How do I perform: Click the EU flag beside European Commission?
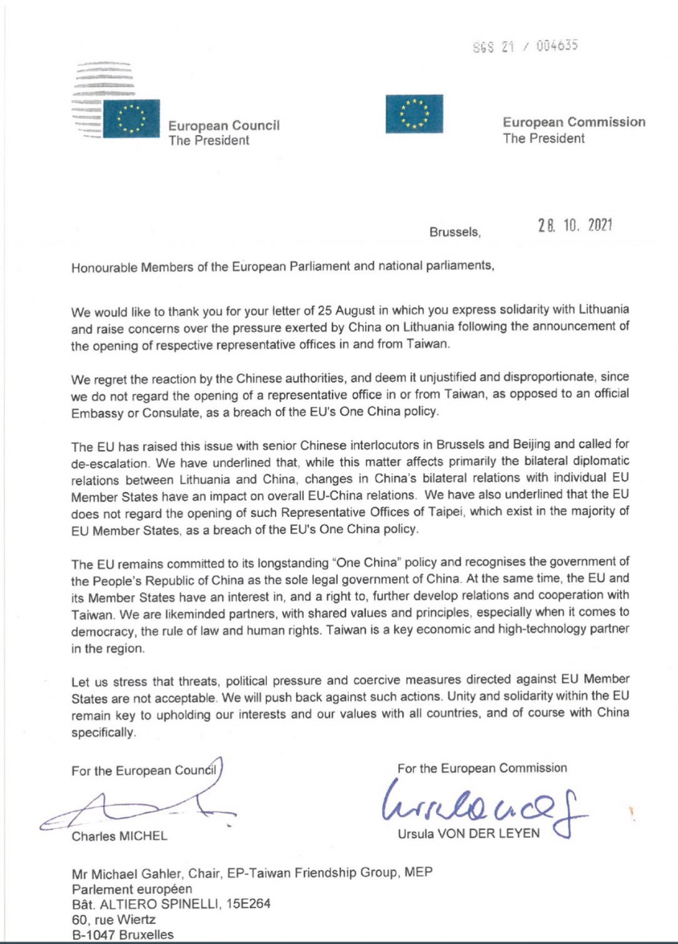point(413,114)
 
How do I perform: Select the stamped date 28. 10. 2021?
point(576,226)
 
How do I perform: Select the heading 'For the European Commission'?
point(482,768)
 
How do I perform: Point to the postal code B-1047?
point(94,936)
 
